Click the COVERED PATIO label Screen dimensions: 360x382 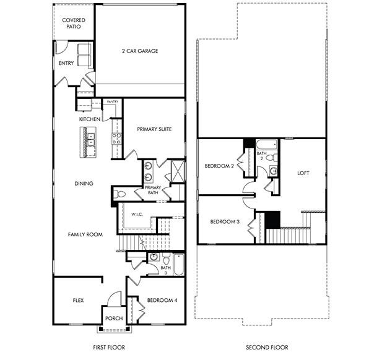pyautogui.click(x=74, y=24)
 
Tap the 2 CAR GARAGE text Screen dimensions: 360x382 pyautogui.click(x=139, y=51)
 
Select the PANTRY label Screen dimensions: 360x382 pyautogui.click(x=113, y=101)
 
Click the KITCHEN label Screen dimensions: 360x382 pyautogui.click(x=90, y=119)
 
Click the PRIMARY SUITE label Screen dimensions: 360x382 pyautogui.click(x=154, y=129)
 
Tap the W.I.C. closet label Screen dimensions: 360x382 pyautogui.click(x=137, y=214)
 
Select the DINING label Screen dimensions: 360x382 pyautogui.click(x=84, y=183)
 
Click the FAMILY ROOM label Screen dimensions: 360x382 pyautogui.click(x=85, y=234)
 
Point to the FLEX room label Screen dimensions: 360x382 pyautogui.click(x=78, y=300)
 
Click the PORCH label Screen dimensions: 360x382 pyautogui.click(x=114, y=319)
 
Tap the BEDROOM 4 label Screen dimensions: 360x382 pyautogui.click(x=162, y=301)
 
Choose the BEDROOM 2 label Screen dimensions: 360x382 pyautogui.click(x=219, y=166)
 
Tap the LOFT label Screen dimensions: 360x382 pyautogui.click(x=303, y=173)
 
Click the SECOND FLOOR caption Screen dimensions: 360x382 pyautogui.click(x=267, y=347)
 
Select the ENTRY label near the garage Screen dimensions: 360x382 pyautogui.click(x=66, y=63)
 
